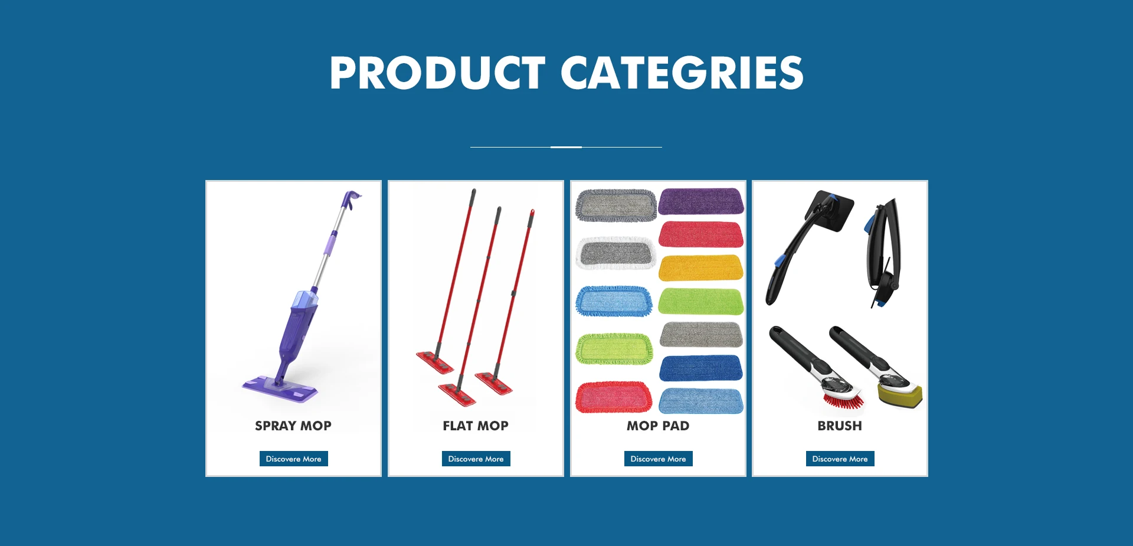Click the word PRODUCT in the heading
(x=437, y=73)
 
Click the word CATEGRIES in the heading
(x=682, y=73)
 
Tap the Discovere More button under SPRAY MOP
(x=293, y=459)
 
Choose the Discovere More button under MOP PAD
(x=658, y=459)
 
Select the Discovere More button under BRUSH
(x=840, y=459)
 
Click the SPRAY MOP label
(x=293, y=426)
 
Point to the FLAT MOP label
(x=476, y=426)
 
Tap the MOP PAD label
(x=658, y=426)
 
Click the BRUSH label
(x=840, y=426)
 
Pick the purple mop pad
(x=701, y=201)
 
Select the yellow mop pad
(x=700, y=268)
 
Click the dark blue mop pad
(x=700, y=368)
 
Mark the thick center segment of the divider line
(x=566, y=147)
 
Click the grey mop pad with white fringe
(x=616, y=254)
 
